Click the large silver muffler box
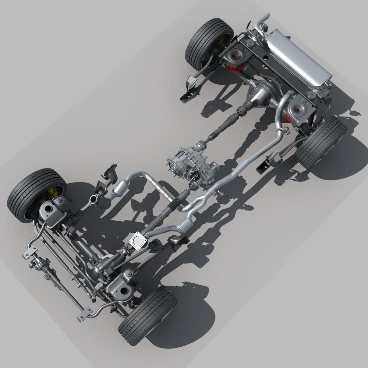298,59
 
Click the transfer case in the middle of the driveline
191,162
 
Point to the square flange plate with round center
138,240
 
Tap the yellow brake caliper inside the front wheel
54,192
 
